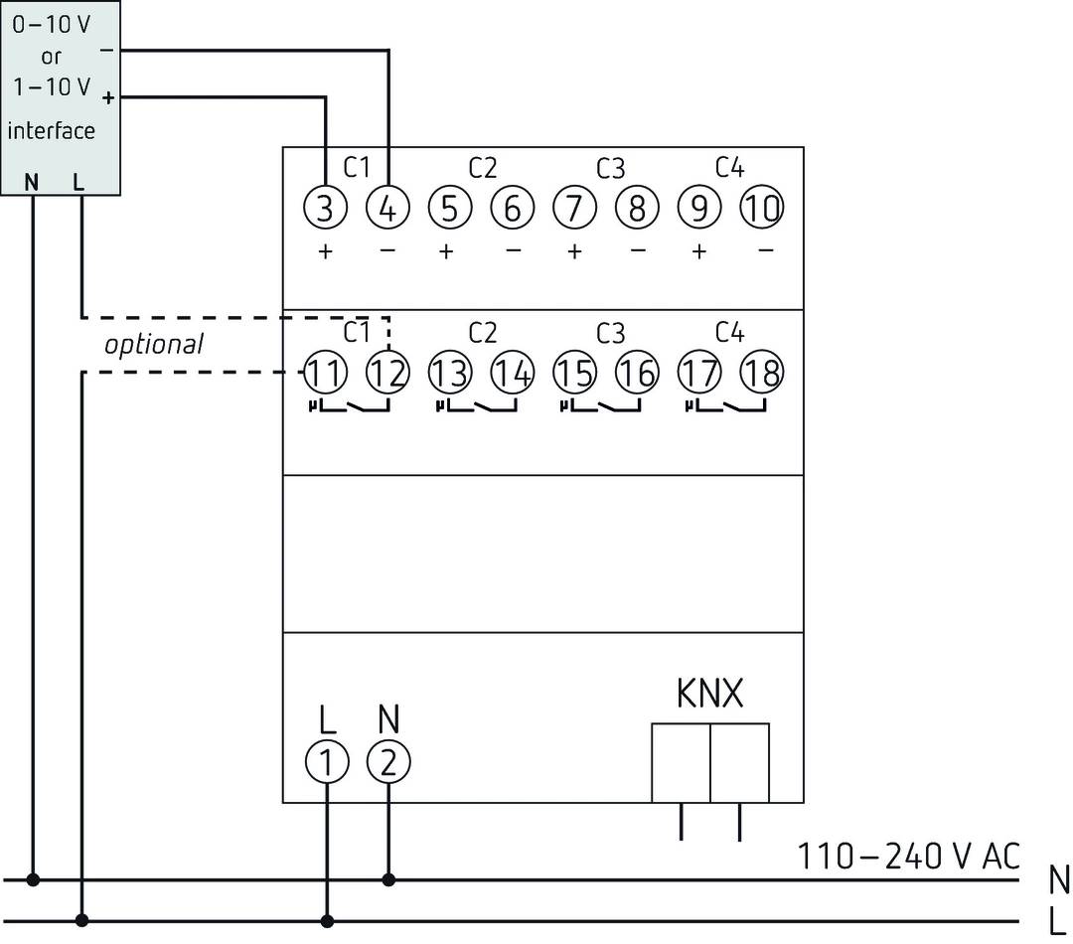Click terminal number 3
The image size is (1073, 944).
(325, 209)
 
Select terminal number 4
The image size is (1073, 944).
(387, 209)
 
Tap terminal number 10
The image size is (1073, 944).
(762, 209)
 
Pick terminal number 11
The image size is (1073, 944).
(325, 373)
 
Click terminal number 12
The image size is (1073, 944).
(387, 373)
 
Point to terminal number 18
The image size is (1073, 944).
(762, 373)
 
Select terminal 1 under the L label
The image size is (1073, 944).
(325, 763)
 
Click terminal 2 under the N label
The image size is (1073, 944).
(387, 763)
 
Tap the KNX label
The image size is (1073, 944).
(709, 695)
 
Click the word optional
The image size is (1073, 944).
(153, 345)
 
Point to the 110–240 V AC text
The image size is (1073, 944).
(909, 856)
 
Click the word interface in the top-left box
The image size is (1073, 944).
(52, 131)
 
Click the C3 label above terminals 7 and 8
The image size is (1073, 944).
(610, 169)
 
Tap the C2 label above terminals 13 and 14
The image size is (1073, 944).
(482, 332)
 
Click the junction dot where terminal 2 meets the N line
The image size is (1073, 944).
(387, 879)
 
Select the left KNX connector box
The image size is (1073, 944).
(681, 762)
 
